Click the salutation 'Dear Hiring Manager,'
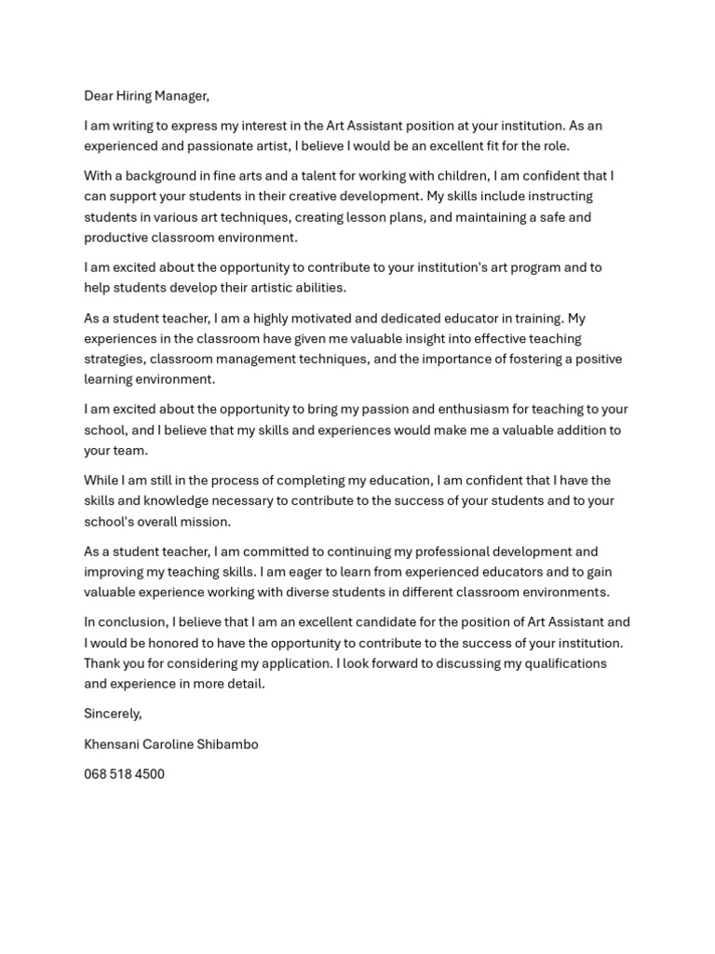point(147,95)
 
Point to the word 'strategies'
point(114,359)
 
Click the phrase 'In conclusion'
point(125,621)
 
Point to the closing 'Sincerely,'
point(113,713)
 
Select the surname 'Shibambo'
point(227,743)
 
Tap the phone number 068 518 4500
point(124,773)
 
